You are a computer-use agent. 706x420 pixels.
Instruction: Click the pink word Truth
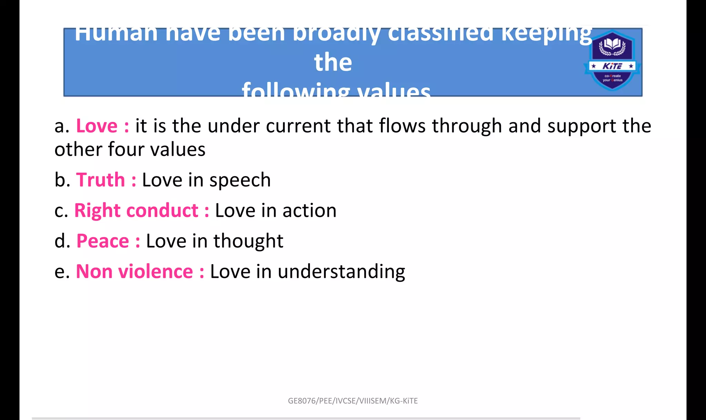[100, 180]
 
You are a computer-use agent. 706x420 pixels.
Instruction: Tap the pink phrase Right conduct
[136, 211]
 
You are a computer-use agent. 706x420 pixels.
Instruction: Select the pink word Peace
[103, 241]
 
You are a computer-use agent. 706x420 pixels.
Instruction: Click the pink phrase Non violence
[134, 272]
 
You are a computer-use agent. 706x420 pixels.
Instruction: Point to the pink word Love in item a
[97, 126]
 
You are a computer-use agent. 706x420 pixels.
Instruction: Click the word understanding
[341, 272]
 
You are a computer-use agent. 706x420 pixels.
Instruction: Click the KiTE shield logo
[612, 60]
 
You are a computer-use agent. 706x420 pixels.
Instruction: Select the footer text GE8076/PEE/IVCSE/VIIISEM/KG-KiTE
[353, 401]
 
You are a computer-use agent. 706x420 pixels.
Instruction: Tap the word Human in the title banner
[116, 34]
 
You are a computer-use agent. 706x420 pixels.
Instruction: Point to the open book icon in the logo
[612, 45]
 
